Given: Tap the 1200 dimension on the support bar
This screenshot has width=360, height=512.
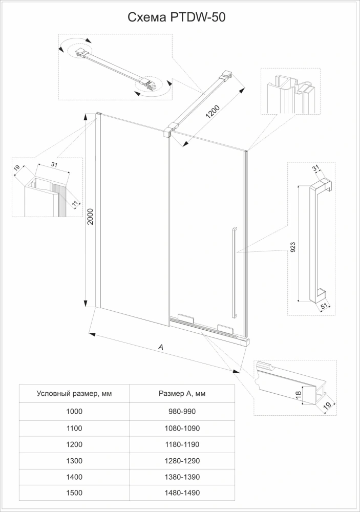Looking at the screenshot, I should pyautogui.click(x=213, y=112).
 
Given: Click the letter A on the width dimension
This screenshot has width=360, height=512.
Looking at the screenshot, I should pyautogui.click(x=160, y=347).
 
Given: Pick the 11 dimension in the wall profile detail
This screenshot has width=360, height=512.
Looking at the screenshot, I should pyautogui.click(x=74, y=204).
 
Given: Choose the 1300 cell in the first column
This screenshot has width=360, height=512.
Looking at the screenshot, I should pyautogui.click(x=74, y=460).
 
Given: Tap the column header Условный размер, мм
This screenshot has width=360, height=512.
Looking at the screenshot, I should pyautogui.click(x=74, y=394).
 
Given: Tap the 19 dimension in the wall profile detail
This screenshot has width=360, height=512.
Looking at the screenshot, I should pyautogui.click(x=16, y=168).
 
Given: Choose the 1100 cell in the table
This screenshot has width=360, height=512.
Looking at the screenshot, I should pyautogui.click(x=74, y=428).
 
